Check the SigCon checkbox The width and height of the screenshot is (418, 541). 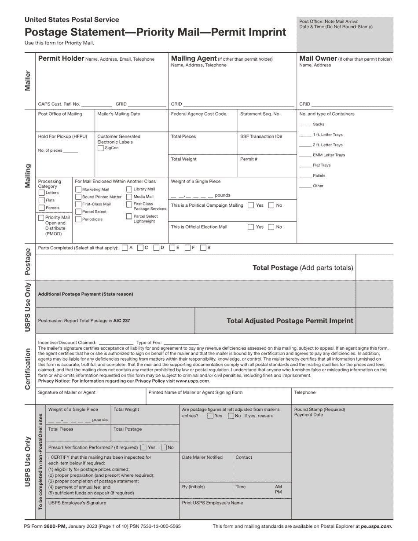click(100, 148)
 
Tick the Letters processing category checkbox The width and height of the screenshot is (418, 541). click(41, 193)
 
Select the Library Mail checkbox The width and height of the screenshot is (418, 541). click(129, 189)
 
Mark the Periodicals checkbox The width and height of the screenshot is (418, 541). click(78, 219)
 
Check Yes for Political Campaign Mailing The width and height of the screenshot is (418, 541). click(250, 205)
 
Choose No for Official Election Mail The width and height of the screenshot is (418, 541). click(271, 227)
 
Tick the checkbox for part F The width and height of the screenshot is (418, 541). click(187, 248)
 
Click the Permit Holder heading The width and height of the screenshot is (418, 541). click(61, 58)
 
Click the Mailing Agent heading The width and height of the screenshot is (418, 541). click(194, 58)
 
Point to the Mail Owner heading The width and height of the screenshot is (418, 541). click(318, 58)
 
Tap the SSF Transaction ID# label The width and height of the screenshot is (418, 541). click(261, 137)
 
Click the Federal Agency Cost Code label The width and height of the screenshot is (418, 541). click(198, 114)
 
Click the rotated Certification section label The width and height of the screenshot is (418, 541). click(28, 369)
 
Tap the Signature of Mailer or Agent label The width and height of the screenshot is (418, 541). click(66, 393)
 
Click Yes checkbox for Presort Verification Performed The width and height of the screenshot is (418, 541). click(143, 447)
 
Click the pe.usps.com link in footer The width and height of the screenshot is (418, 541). click(376, 526)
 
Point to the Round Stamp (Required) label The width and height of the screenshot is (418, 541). click(319, 409)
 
